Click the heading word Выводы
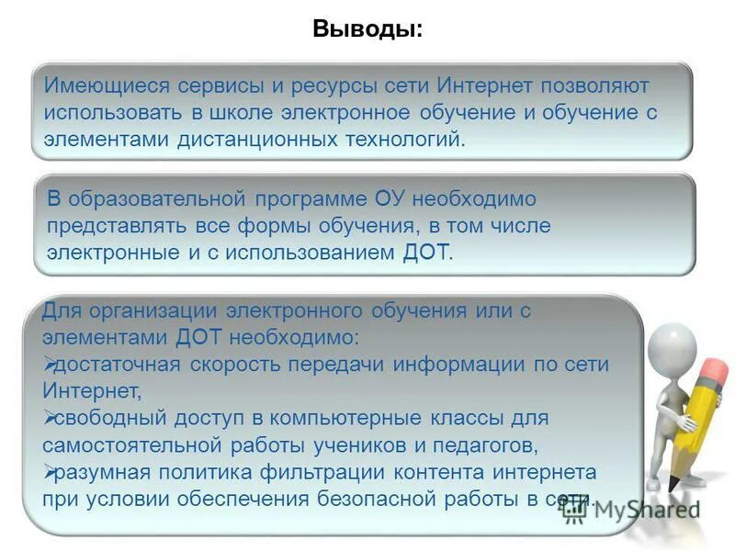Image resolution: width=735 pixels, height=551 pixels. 367,28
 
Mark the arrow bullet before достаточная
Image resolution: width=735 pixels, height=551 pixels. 50,364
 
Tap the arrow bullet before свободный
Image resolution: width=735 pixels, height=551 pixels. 50,418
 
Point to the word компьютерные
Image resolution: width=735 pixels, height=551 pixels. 386,418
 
